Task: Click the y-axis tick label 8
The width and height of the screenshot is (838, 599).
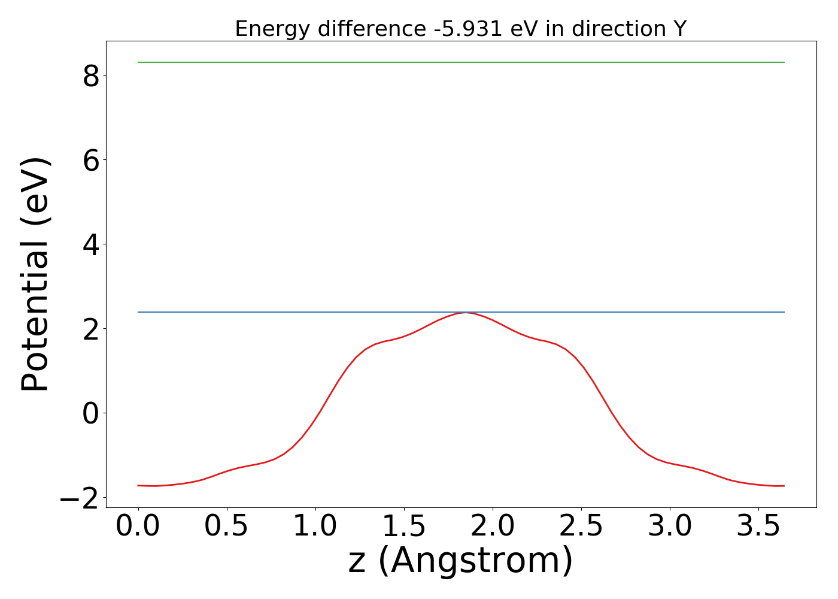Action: tap(90, 76)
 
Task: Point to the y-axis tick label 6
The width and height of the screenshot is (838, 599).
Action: tap(90, 161)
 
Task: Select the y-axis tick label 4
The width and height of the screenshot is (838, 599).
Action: tap(90, 244)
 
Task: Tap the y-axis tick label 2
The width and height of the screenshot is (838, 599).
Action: tap(90, 329)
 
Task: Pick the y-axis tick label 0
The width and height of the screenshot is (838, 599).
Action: tap(90, 413)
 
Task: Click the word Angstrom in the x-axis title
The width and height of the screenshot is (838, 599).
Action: tap(476, 561)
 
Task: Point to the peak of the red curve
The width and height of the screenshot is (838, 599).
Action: tap(466, 313)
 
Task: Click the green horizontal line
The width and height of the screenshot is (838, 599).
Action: tap(461, 62)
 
